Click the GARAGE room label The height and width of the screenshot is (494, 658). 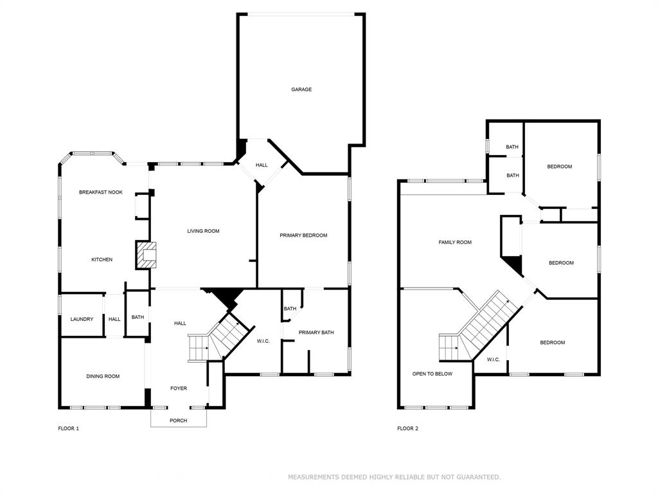tap(301, 89)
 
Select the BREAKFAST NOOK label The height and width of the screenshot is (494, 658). tap(101, 192)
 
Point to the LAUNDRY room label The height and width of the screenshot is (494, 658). tap(82, 319)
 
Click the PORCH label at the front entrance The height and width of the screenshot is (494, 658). tap(179, 421)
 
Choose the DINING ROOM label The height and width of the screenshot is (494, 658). tap(103, 376)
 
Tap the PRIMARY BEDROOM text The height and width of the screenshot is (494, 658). tap(303, 235)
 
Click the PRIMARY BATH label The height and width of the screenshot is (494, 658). tap(316, 333)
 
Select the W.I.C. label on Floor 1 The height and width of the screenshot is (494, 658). tap(263, 341)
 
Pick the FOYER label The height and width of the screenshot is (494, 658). tap(179, 389)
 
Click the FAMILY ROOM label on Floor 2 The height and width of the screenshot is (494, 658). tap(455, 242)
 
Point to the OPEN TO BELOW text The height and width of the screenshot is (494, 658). tap(432, 374)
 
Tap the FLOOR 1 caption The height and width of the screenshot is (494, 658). tap(68, 428)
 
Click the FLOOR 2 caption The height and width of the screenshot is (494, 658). tap(408, 428)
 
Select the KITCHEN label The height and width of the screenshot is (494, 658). tap(102, 260)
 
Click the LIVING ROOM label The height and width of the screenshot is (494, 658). tap(203, 231)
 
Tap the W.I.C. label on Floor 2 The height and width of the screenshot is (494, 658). tap(493, 360)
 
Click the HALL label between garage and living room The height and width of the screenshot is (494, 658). tap(262, 165)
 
